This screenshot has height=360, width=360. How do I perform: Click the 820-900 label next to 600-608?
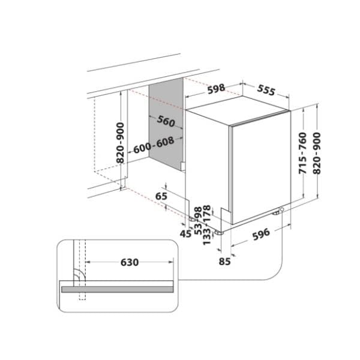[x=121, y=143]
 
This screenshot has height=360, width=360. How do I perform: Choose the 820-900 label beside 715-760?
[x=318, y=152]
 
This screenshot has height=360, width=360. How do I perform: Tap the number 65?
[x=161, y=196]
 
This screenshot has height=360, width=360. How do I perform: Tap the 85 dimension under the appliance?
[x=225, y=261]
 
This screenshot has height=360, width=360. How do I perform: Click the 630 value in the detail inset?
[x=130, y=263]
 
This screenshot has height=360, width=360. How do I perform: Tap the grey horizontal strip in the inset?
[x=120, y=288]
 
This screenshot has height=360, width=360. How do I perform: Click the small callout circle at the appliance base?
[x=281, y=209]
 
